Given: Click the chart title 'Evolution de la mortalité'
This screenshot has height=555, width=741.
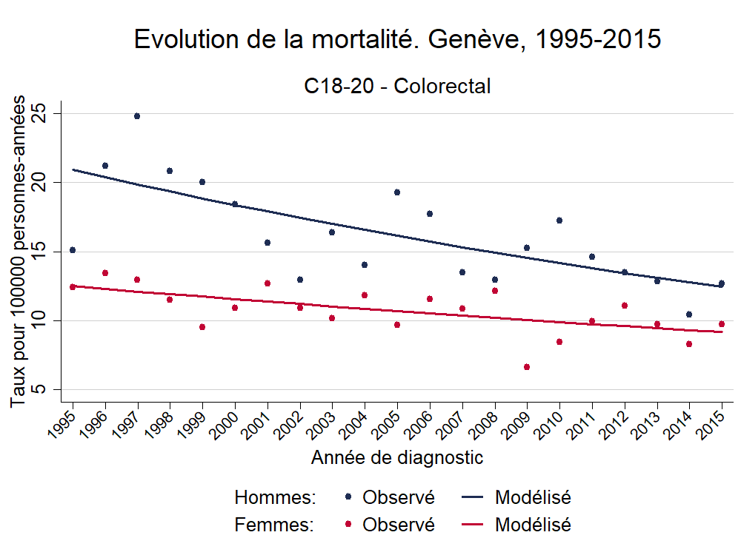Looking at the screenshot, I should point(397,40).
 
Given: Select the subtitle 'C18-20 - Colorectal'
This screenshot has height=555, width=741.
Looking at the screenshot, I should point(397,87).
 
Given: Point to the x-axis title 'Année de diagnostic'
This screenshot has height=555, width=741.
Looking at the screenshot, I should point(397,458).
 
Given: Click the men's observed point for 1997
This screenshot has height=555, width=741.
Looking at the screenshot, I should point(137,116).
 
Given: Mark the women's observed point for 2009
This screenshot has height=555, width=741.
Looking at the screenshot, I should point(527,367).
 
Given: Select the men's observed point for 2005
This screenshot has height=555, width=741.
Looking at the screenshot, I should point(397,192).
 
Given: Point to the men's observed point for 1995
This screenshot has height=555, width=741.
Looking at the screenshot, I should point(73,250).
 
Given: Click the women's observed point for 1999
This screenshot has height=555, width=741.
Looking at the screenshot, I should point(202,327).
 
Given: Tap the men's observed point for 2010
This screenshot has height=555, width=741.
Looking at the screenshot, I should point(559,221).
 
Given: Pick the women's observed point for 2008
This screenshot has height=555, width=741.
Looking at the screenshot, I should point(495,291).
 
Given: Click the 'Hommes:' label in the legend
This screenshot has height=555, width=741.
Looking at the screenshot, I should point(275,497).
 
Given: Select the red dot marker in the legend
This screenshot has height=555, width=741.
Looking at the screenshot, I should point(348,525).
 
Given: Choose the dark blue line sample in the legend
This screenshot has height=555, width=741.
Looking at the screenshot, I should point(473,497).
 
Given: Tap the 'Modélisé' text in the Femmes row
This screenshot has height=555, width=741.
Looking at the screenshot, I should point(533,525).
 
